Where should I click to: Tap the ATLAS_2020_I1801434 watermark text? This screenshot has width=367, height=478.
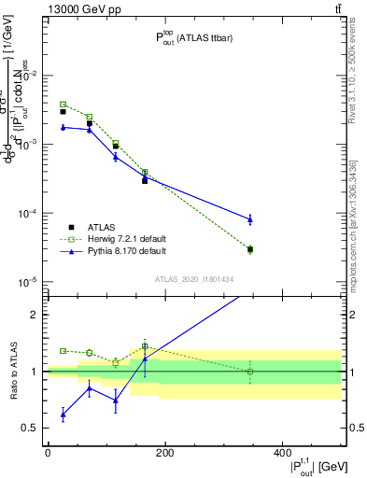[193, 279]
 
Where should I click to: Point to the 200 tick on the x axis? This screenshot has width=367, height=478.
[164, 453]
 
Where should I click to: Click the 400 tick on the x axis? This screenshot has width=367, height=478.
[281, 453]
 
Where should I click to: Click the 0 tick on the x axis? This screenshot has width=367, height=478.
[48, 453]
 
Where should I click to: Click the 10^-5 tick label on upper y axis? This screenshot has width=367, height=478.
[26, 282]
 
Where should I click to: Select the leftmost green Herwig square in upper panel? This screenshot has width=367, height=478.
[63, 105]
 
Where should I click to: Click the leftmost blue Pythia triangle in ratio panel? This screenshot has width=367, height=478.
[63, 414]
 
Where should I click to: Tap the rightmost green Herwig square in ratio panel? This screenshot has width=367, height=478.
[250, 372]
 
